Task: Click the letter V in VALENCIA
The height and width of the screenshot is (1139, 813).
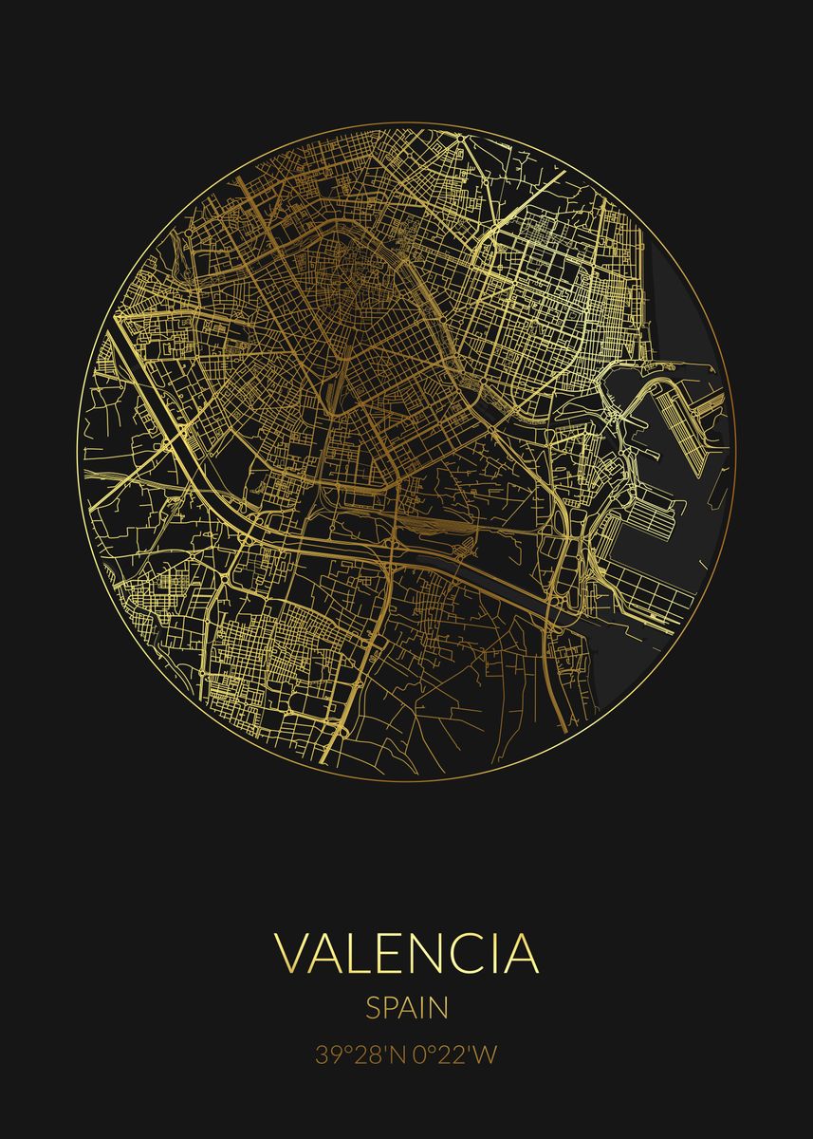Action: pos(291,955)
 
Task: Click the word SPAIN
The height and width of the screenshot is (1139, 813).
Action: pos(406,1007)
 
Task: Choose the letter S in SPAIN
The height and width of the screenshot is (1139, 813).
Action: pos(373,1007)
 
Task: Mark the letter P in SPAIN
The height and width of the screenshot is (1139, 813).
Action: pos(390,1007)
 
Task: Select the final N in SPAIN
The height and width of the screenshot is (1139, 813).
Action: pos(438,1007)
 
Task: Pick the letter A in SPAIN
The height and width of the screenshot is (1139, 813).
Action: pos(409,1007)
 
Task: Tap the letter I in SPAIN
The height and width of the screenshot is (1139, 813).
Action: pos(423,1007)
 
